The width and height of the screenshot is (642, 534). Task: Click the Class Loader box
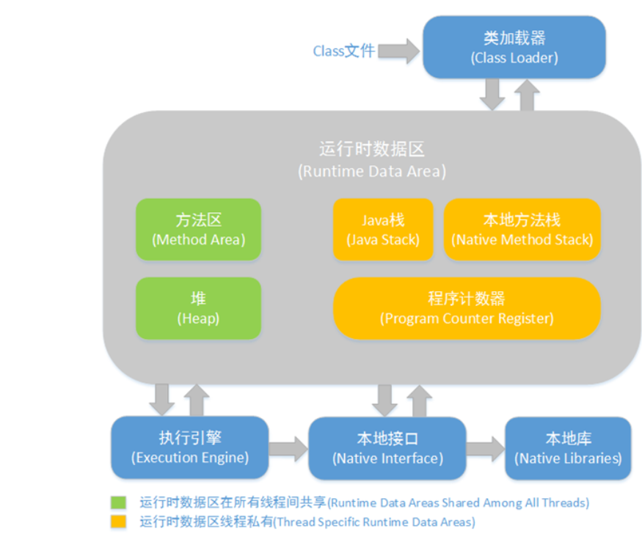click(514, 47)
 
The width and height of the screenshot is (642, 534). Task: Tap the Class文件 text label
click(343, 51)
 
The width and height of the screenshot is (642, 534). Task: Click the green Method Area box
click(198, 229)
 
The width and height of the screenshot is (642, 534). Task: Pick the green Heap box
click(198, 308)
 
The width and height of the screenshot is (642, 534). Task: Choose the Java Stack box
click(382, 230)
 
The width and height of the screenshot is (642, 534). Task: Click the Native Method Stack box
click(522, 230)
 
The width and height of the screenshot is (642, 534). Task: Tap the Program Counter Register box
click(467, 308)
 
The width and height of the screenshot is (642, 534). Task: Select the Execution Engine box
click(189, 447)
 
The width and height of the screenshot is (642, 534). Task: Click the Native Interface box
click(387, 448)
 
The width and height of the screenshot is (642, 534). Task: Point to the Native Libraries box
click(568, 448)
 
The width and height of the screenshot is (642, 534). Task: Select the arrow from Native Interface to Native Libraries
click(484, 448)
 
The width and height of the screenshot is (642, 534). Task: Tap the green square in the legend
click(118, 503)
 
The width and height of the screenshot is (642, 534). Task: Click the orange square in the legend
click(118, 522)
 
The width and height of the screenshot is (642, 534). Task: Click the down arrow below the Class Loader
click(492, 94)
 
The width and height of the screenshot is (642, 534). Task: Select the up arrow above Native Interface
click(419, 400)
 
